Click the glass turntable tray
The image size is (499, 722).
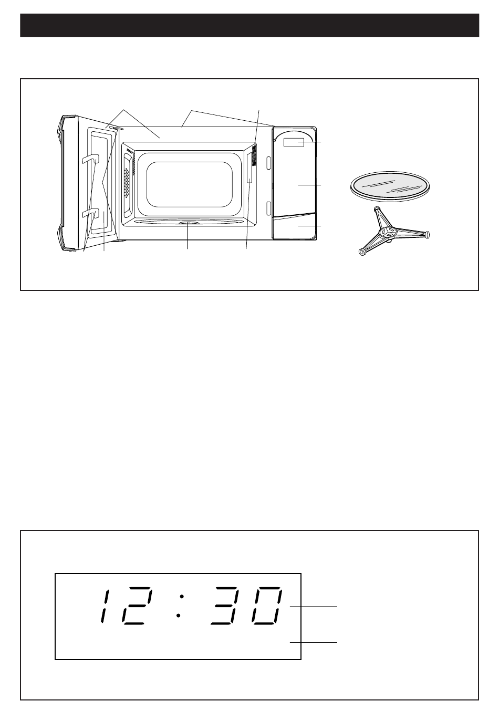(390, 186)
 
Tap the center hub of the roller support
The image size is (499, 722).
(387, 231)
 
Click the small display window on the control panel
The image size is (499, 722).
(293, 142)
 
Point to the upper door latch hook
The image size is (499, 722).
(91, 160)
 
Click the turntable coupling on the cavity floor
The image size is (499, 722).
(188, 223)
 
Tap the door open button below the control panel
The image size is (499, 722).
(294, 226)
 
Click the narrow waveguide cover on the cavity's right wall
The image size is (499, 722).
(250, 168)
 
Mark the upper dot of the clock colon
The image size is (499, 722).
(182, 597)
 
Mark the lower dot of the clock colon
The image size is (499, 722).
(178, 616)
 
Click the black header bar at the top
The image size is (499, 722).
(250, 25)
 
